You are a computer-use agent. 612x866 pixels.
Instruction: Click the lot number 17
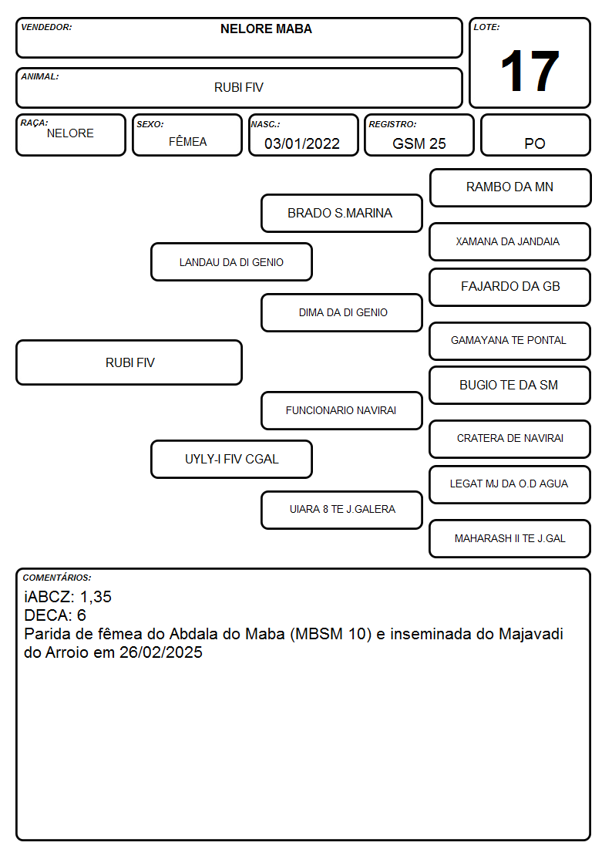(530, 71)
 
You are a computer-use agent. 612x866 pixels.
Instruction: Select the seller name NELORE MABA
(266, 29)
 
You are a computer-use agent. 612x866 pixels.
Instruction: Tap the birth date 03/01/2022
(302, 143)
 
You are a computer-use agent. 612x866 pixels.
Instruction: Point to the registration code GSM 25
(419, 143)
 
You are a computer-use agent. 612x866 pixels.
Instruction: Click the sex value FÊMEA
(187, 141)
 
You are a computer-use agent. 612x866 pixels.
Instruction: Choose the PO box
(535, 135)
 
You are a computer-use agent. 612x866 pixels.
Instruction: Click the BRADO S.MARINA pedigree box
(341, 213)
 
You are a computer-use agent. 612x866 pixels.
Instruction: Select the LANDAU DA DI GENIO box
(232, 261)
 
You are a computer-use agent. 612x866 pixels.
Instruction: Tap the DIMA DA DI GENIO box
(341, 312)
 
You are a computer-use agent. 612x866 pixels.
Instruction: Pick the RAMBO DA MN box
(510, 188)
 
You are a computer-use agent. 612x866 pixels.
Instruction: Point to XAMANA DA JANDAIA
(508, 241)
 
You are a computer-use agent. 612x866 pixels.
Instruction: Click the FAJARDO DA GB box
(510, 287)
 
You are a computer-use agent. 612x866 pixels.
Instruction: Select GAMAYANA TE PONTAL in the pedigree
(508, 340)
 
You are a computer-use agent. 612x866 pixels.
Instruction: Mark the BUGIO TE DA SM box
(510, 386)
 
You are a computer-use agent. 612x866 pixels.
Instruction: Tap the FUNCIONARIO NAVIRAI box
(341, 411)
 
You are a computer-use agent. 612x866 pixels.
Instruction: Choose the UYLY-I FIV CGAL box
(232, 460)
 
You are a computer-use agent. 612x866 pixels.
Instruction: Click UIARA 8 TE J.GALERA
(343, 509)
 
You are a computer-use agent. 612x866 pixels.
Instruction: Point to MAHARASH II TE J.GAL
(510, 538)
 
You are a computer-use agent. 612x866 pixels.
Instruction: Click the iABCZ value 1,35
(96, 597)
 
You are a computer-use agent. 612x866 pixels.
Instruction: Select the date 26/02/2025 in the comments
(160, 652)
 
